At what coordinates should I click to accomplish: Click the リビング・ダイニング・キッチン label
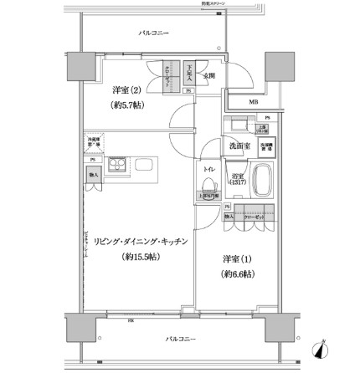(x=141, y=241)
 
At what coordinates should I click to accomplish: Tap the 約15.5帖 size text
(x=141, y=256)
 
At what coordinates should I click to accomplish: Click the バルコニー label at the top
(x=153, y=33)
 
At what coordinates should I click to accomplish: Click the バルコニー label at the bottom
(x=179, y=340)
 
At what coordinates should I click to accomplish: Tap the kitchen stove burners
(x=115, y=164)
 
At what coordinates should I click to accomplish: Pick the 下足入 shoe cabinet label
(x=191, y=74)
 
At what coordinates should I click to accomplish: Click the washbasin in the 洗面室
(x=236, y=127)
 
